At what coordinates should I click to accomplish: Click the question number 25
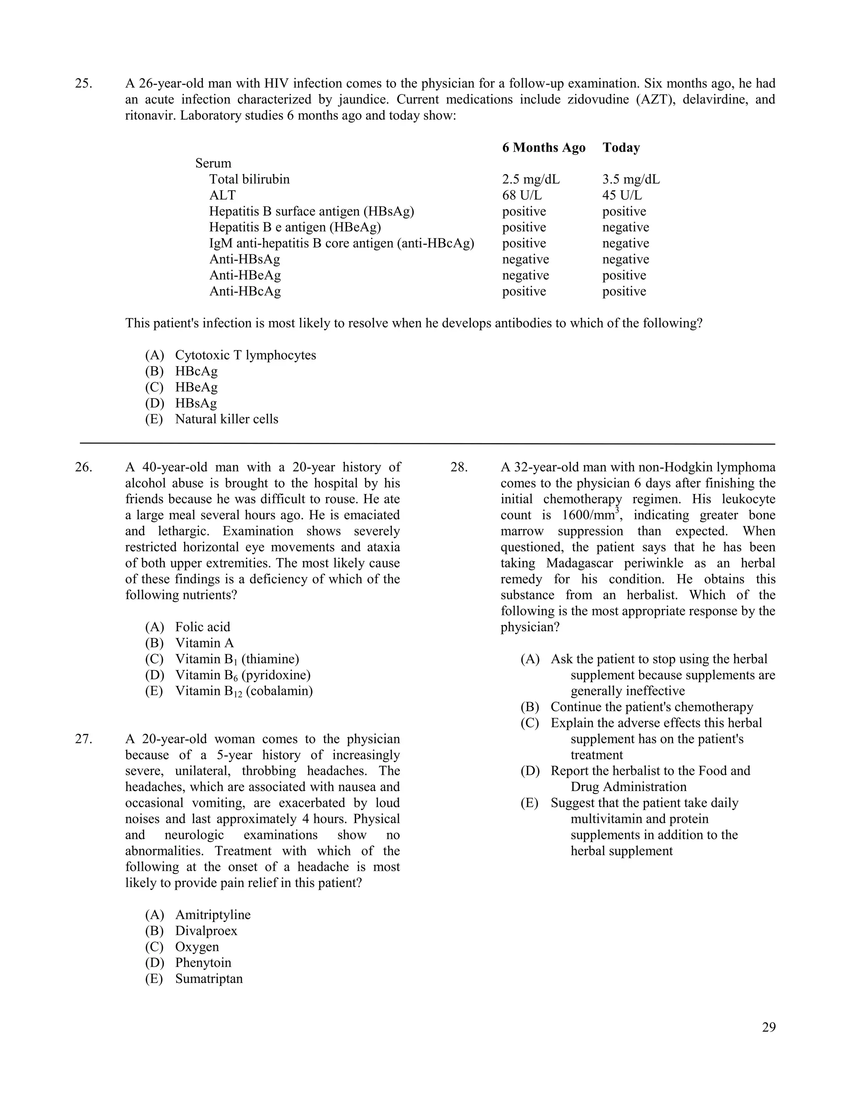(x=84, y=84)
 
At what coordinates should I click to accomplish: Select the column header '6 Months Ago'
(x=544, y=148)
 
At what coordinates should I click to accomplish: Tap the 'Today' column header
(x=621, y=148)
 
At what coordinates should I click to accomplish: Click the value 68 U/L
(x=522, y=195)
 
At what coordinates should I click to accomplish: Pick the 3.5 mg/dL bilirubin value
(x=631, y=179)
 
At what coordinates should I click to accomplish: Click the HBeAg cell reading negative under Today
(x=625, y=227)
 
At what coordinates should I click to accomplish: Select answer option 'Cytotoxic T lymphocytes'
(x=245, y=355)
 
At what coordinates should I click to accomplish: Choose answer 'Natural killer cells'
(x=226, y=419)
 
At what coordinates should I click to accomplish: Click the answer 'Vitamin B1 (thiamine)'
(x=237, y=659)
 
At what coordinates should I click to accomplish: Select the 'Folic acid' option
(x=202, y=627)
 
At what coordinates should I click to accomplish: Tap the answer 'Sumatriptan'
(x=209, y=978)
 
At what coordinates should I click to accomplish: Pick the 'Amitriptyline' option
(x=212, y=914)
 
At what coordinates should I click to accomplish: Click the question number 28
(x=459, y=467)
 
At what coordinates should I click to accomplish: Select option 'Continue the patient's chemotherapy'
(x=652, y=707)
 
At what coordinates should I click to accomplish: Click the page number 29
(x=768, y=1027)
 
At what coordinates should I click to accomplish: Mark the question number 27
(x=84, y=739)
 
